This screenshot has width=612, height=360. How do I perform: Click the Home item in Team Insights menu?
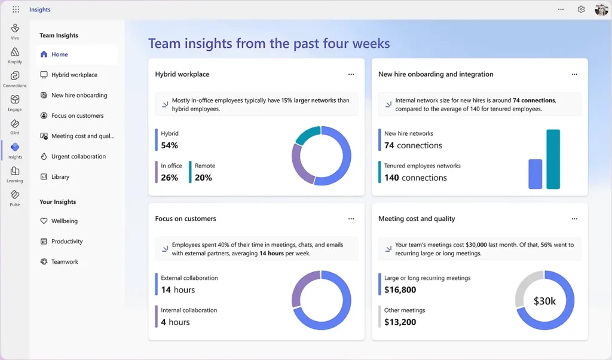click(60, 54)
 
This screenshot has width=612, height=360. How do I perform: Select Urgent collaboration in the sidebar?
click(78, 157)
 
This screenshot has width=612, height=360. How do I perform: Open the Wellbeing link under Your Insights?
click(64, 221)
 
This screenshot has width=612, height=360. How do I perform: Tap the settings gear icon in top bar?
click(581, 10)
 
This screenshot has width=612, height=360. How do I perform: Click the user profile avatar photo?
click(601, 10)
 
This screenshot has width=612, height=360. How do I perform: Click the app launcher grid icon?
click(16, 10)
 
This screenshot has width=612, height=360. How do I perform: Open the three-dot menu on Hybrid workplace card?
click(351, 74)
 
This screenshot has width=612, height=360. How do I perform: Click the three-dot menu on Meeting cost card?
click(574, 219)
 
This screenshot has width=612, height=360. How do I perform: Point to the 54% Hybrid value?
click(170, 145)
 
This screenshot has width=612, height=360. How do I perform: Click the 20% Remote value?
click(203, 178)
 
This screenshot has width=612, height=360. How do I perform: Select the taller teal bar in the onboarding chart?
click(553, 159)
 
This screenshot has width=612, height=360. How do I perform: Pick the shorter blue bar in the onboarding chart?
click(535, 174)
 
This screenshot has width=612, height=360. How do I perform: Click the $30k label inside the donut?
click(544, 301)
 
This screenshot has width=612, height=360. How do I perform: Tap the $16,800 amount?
click(400, 290)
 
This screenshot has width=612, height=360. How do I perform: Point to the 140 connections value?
click(415, 178)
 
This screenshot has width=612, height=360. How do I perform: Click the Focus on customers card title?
click(185, 219)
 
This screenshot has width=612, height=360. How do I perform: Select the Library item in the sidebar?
click(60, 177)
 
